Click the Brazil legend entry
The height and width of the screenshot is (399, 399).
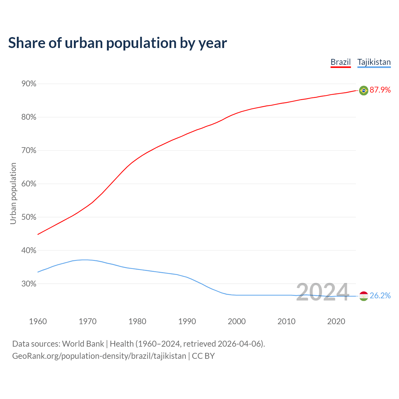[340, 62]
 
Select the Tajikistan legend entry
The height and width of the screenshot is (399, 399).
[374, 62]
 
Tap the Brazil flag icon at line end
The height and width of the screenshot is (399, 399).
[363, 90]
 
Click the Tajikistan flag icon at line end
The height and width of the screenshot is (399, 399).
[363, 296]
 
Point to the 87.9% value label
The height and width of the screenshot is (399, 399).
[380, 90]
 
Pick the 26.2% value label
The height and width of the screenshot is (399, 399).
[380, 296]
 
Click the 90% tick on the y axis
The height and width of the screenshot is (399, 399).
[29, 84]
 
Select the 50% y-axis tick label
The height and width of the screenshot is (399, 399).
[29, 217]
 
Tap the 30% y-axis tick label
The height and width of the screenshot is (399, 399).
[29, 284]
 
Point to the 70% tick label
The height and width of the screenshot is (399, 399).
[29, 151]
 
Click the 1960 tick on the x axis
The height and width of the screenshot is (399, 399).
[38, 321]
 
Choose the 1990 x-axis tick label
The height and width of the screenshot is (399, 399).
[187, 321]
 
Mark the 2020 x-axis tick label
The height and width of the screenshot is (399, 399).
[336, 321]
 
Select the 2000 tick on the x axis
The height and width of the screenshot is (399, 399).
[237, 321]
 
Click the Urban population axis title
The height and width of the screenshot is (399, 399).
[13, 193]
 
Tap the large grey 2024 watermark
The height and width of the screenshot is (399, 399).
[322, 292]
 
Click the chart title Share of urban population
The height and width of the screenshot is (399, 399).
[117, 43]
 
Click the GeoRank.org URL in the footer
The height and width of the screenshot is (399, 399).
[99, 356]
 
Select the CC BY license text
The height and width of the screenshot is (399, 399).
[203, 356]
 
